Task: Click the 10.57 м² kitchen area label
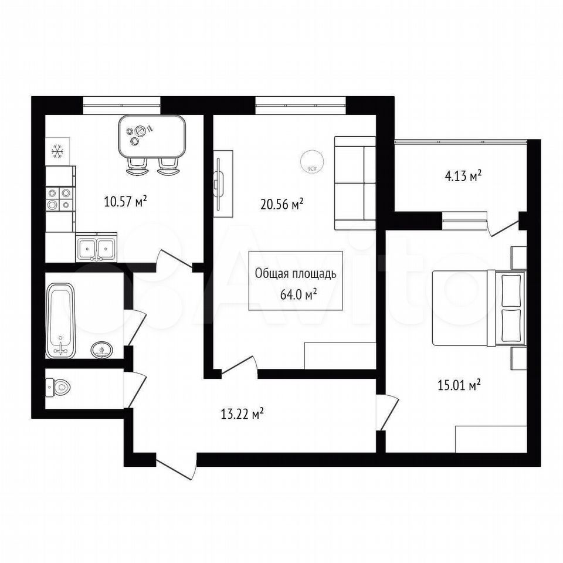point(126,201)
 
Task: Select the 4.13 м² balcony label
point(463,176)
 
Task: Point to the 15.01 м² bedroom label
point(459,385)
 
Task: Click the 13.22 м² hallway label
point(243,414)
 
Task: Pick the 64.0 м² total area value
point(298,295)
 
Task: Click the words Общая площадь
point(296,274)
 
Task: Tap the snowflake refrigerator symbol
point(57,151)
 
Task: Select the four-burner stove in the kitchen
point(59,199)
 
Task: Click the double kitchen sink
point(96,247)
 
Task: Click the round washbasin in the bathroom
point(102,350)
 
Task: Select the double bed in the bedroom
point(479,308)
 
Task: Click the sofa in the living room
point(355,183)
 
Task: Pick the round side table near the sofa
point(312,162)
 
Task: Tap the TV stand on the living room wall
point(223,184)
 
